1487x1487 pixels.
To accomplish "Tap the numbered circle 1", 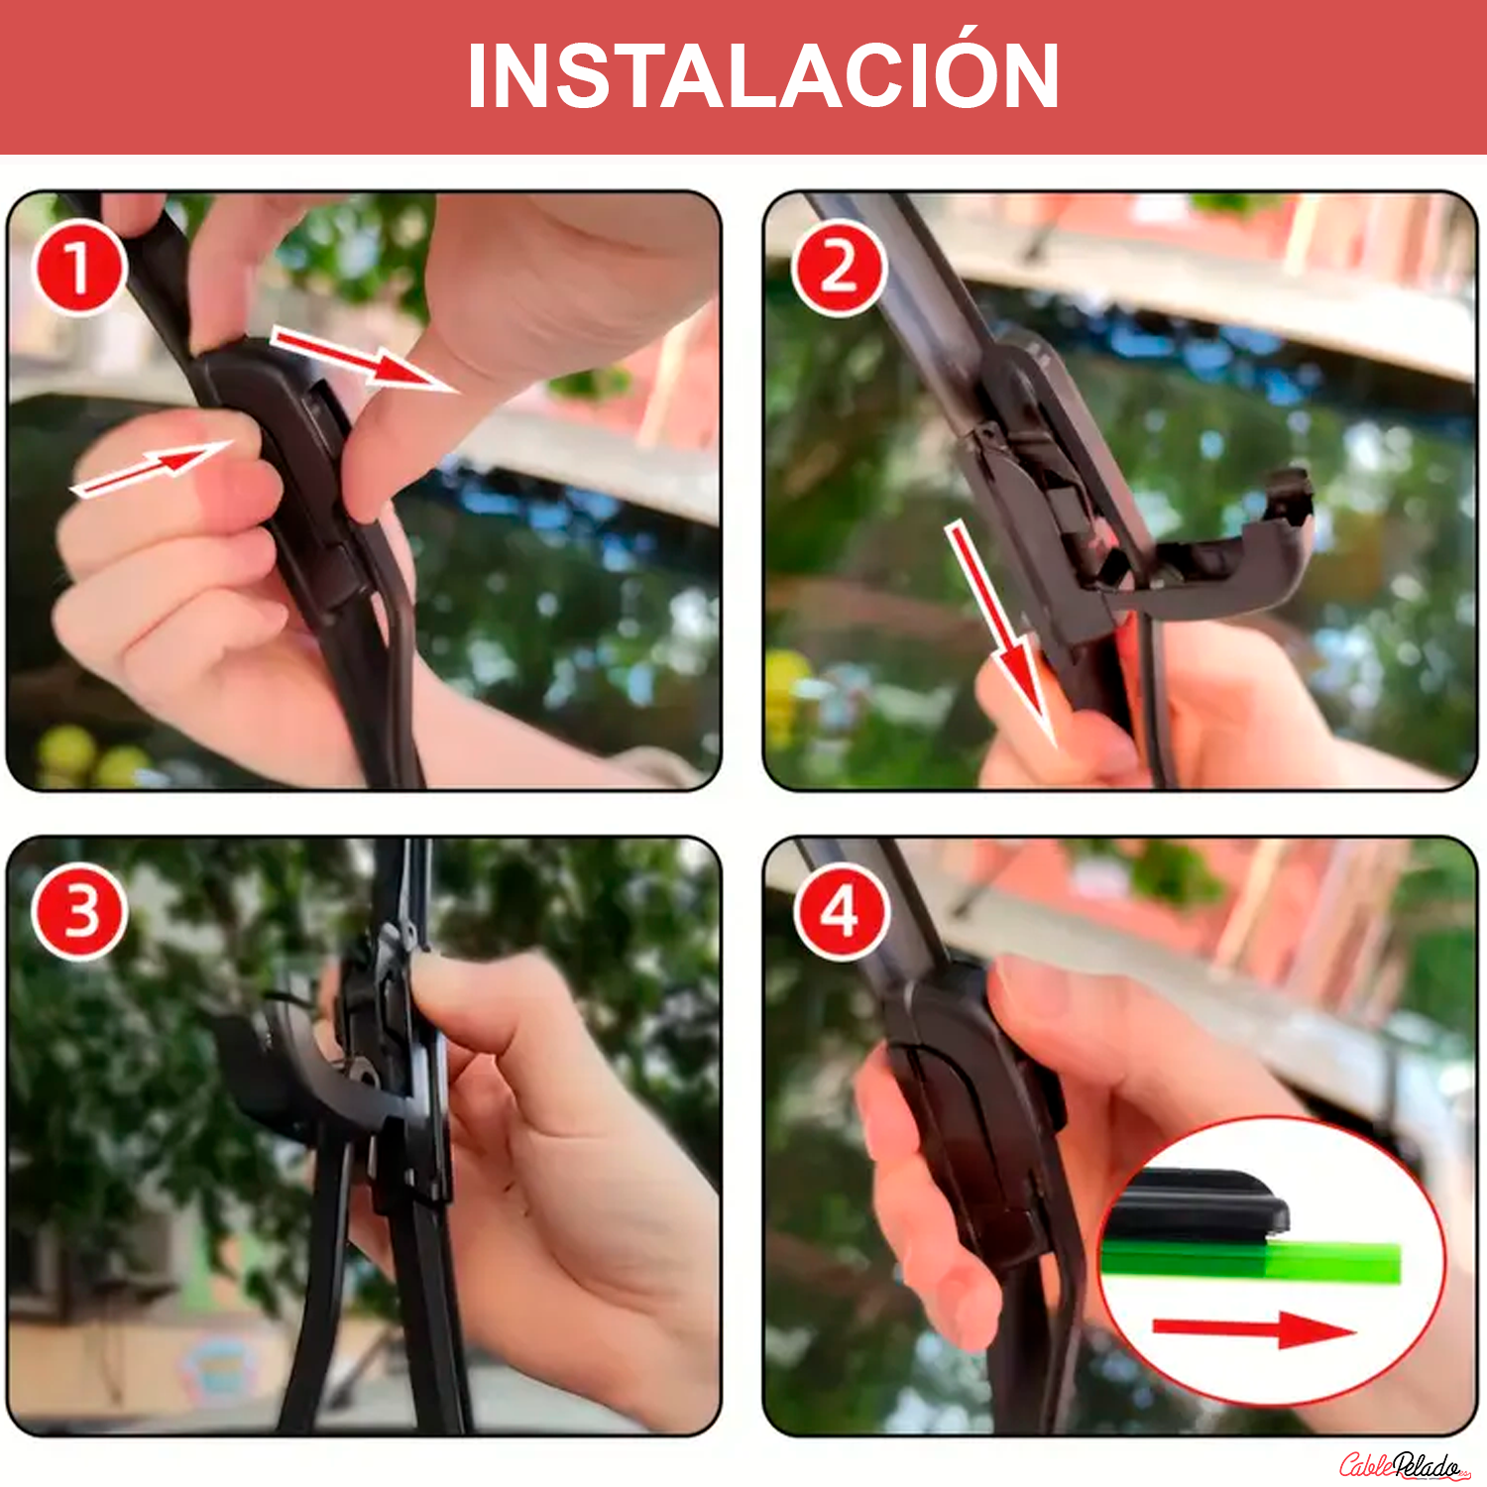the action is tap(79, 268).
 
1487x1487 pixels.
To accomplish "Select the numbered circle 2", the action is tap(839, 268).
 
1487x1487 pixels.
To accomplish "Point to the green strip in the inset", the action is tap(1251, 1261).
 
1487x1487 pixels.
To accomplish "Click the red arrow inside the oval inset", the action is tap(1253, 1329).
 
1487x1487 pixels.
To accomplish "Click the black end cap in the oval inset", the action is tap(1195, 1204).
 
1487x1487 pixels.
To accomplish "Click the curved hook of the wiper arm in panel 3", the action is tap(297, 1071).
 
